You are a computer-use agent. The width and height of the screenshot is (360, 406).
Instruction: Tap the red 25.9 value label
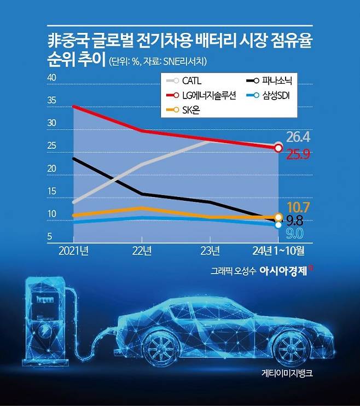tap(298, 154)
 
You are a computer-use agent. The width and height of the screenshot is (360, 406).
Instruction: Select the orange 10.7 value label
tap(298, 207)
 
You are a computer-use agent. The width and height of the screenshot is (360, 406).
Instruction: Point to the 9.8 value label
tap(295, 221)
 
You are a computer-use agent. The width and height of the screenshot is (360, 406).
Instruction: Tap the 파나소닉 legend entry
tap(269, 81)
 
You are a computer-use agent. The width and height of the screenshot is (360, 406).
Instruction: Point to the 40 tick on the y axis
tap(53, 78)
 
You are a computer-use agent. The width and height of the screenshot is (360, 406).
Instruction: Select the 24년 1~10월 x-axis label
tap(276, 251)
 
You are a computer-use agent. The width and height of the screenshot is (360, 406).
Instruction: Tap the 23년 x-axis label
tap(210, 251)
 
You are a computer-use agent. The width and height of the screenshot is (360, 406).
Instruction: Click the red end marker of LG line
tap(278, 148)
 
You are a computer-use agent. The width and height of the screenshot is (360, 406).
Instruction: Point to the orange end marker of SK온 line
tap(278, 217)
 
